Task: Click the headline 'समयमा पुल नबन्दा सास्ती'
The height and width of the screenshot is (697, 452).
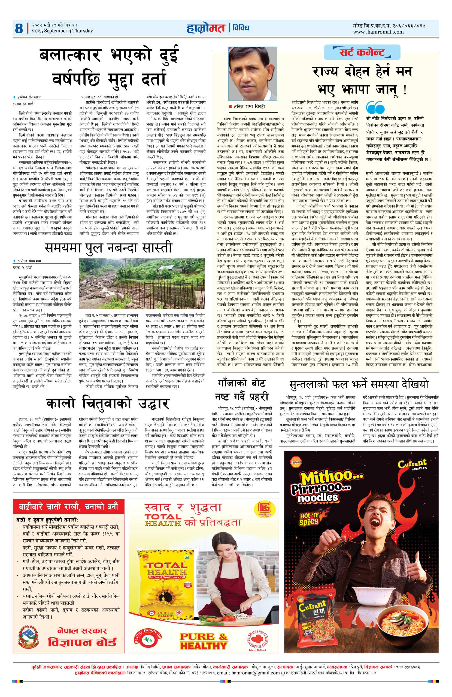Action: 108,248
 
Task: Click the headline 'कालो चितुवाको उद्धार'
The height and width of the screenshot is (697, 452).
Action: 108,403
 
